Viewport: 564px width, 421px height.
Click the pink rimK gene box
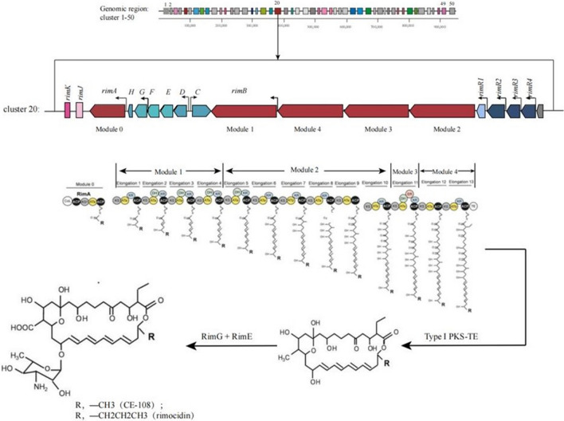68,112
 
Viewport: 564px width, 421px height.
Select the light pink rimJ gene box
81,112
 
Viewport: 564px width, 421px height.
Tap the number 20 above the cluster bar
276,4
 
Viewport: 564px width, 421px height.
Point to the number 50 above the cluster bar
452,4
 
